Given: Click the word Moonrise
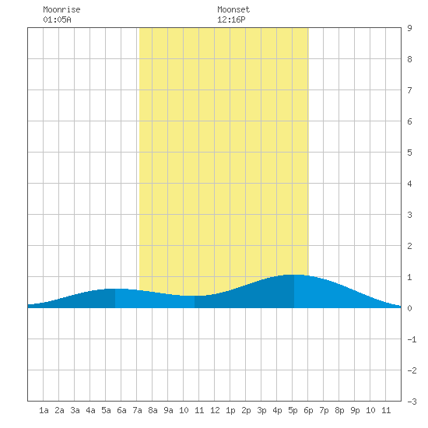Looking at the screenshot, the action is pyautogui.click(x=61, y=9).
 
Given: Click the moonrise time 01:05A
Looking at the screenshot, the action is pyautogui.click(x=57, y=19).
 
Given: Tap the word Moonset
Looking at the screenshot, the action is pyautogui.click(x=233, y=9).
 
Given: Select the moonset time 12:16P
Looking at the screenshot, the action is pyautogui.click(x=231, y=19).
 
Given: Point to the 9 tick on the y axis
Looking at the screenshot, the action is pyautogui.click(x=409, y=28).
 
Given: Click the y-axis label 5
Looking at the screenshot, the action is pyautogui.click(x=409, y=153).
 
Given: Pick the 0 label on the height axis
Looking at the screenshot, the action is pyautogui.click(x=409, y=308).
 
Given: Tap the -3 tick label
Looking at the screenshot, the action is pyautogui.click(x=412, y=402).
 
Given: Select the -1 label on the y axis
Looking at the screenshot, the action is pyautogui.click(x=412, y=339).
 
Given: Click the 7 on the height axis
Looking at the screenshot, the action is pyautogui.click(x=409, y=90).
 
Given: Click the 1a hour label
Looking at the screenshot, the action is pyautogui.click(x=44, y=410).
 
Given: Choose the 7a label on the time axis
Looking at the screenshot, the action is pyautogui.click(x=137, y=410).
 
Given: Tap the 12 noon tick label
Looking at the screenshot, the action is pyautogui.click(x=215, y=410).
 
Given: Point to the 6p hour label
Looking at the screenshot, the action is pyautogui.click(x=308, y=410).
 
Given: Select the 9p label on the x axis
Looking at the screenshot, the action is pyautogui.click(x=355, y=410).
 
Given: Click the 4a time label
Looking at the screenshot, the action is pyautogui.click(x=90, y=410).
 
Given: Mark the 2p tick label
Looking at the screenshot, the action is pyautogui.click(x=246, y=410).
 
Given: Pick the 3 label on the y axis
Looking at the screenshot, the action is pyautogui.click(x=409, y=215).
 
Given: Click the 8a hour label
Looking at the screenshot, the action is pyautogui.click(x=153, y=410).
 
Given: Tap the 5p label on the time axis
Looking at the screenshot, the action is pyautogui.click(x=293, y=410).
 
